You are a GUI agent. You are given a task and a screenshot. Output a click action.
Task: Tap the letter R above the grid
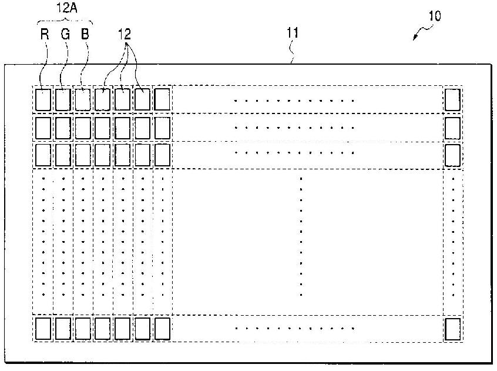tap(44, 34)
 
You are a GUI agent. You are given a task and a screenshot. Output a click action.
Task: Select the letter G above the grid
tap(65, 34)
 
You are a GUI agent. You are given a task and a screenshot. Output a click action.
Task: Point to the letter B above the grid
tap(86, 34)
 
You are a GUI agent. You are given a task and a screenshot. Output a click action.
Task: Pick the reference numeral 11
tap(293, 34)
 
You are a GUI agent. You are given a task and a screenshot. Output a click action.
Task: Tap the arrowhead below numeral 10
tap(415, 38)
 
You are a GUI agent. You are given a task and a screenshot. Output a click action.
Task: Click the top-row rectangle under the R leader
tap(43, 99)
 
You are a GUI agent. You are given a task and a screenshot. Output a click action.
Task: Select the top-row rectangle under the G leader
tap(63, 99)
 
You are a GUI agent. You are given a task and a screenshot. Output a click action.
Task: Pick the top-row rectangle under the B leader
tap(83, 99)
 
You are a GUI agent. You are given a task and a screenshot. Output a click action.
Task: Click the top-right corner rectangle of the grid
tap(452, 99)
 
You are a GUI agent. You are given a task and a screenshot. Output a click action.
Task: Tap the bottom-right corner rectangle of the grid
tap(452, 328)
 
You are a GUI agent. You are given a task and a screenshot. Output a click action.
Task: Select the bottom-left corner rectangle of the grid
tap(43, 328)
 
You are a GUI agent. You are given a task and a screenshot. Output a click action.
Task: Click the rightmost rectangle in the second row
tap(452, 127)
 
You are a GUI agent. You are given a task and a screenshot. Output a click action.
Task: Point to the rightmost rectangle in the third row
tap(452, 155)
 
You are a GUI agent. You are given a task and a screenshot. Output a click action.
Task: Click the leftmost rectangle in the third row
tap(43, 155)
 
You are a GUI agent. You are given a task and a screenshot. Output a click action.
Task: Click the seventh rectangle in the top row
tap(162, 99)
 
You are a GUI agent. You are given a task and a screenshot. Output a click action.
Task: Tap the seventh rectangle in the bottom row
tap(162, 328)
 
